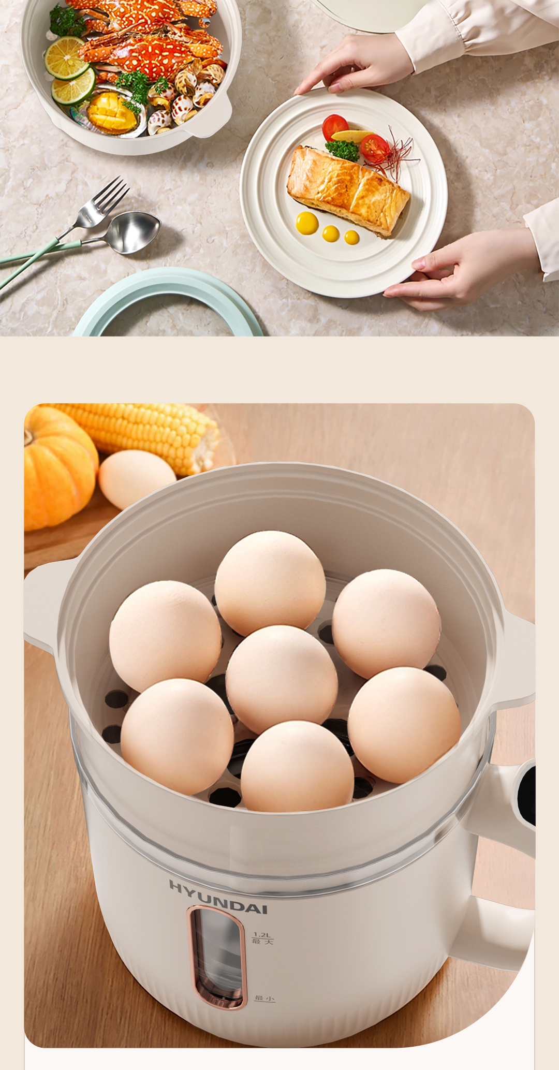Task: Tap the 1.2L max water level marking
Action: tap(262, 938)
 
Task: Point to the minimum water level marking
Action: tap(264, 998)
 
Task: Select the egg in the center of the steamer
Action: tap(281, 679)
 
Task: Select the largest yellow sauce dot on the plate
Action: tap(307, 223)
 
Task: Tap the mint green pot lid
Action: tap(167, 301)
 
